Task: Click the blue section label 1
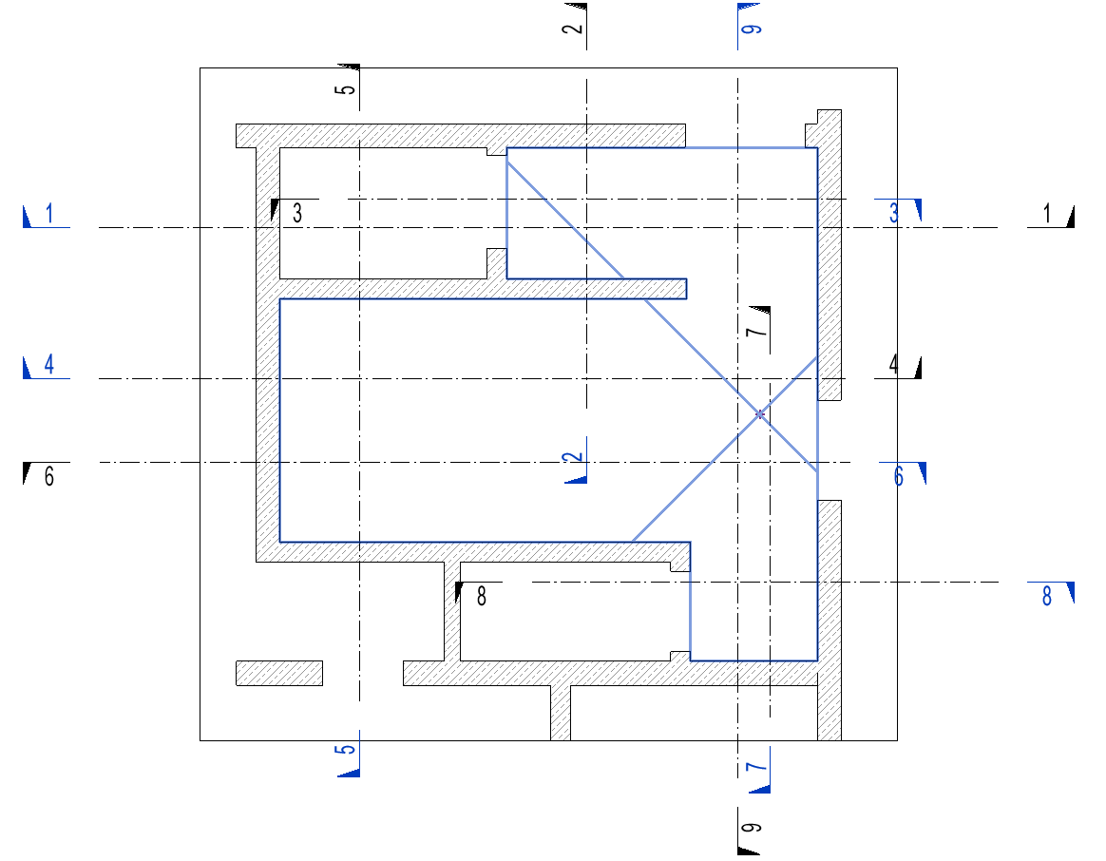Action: [x=49, y=215]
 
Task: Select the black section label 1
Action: [x=1047, y=215]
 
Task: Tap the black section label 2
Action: [x=571, y=27]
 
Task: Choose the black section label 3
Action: [x=296, y=213]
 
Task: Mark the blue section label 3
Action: [x=894, y=213]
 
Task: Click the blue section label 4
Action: [x=49, y=366]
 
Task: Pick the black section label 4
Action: [x=893, y=365]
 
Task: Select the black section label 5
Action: [x=346, y=89]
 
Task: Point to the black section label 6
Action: [x=49, y=476]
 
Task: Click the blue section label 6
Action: [x=899, y=476]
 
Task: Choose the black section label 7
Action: [x=754, y=331]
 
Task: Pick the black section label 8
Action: [x=481, y=597]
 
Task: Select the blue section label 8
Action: [x=1047, y=597]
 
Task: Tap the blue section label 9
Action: [x=751, y=27]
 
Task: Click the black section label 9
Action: [x=751, y=829]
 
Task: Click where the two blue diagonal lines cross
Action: [x=759, y=414]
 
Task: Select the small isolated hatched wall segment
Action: [x=279, y=673]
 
